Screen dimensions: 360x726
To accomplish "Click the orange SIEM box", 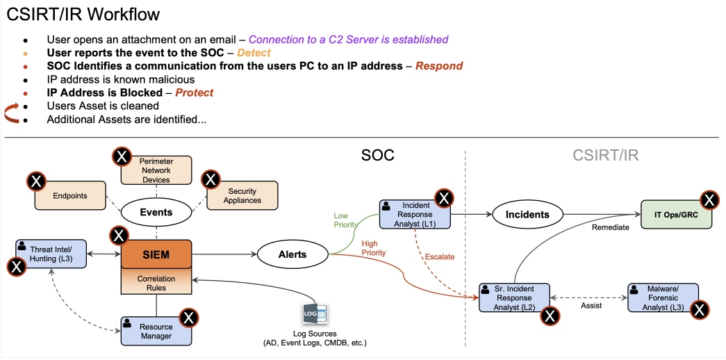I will click(x=156, y=254).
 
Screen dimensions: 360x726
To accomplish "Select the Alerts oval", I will click(x=292, y=254).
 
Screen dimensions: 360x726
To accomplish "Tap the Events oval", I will click(x=156, y=213).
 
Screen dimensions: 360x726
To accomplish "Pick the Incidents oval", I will click(x=527, y=215).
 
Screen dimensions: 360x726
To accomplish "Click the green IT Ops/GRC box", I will click(x=675, y=215).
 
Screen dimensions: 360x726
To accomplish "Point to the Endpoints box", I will click(x=70, y=196).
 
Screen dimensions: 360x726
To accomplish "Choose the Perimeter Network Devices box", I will click(x=156, y=170).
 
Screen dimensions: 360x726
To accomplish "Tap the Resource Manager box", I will click(x=156, y=330).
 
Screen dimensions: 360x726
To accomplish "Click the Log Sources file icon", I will click(x=314, y=313).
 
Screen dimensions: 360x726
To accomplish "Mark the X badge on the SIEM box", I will click(x=119, y=235).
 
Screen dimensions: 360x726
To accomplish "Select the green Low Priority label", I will click(x=345, y=220).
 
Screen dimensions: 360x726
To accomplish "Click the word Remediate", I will click(x=611, y=227).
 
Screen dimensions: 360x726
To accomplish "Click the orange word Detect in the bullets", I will click(x=254, y=53).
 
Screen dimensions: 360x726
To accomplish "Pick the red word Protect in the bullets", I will click(x=194, y=92).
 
